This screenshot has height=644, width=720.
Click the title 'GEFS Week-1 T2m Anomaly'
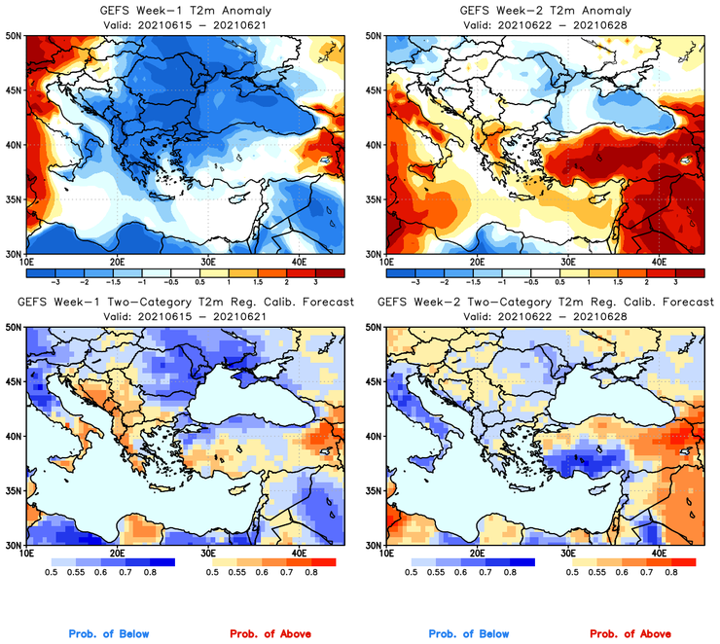(184, 11)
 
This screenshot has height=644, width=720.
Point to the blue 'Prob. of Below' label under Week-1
(109, 634)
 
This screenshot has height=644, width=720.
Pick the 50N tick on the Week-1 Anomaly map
(14, 36)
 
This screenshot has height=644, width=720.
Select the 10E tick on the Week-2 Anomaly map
(386, 262)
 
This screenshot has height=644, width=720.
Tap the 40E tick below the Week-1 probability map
(299, 553)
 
